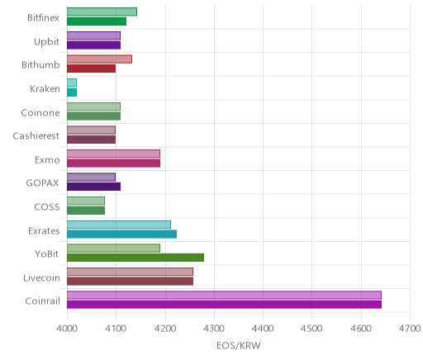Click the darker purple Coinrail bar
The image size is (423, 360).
click(x=224, y=305)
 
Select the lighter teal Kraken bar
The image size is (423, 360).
click(x=72, y=83)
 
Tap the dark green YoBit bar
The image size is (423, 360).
click(x=135, y=258)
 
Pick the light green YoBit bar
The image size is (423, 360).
click(x=113, y=248)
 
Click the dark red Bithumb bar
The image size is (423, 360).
click(x=91, y=69)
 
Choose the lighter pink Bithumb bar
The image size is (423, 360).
click(x=99, y=59)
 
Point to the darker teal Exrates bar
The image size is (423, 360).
click(x=121, y=234)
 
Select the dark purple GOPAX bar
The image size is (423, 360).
click(x=93, y=187)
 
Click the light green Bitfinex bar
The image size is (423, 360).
click(x=102, y=12)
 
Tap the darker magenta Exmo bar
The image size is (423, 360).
click(x=113, y=163)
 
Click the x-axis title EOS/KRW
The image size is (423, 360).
click(x=239, y=345)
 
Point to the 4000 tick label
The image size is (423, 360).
click(x=67, y=329)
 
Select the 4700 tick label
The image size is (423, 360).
click(x=410, y=329)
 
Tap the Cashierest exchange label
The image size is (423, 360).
click(x=36, y=135)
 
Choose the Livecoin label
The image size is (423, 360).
click(x=41, y=277)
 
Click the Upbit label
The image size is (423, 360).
click(x=46, y=42)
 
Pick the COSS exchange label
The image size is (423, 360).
click(x=47, y=206)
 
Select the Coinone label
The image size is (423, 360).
click(x=40, y=112)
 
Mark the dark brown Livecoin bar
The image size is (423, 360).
click(x=130, y=282)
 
